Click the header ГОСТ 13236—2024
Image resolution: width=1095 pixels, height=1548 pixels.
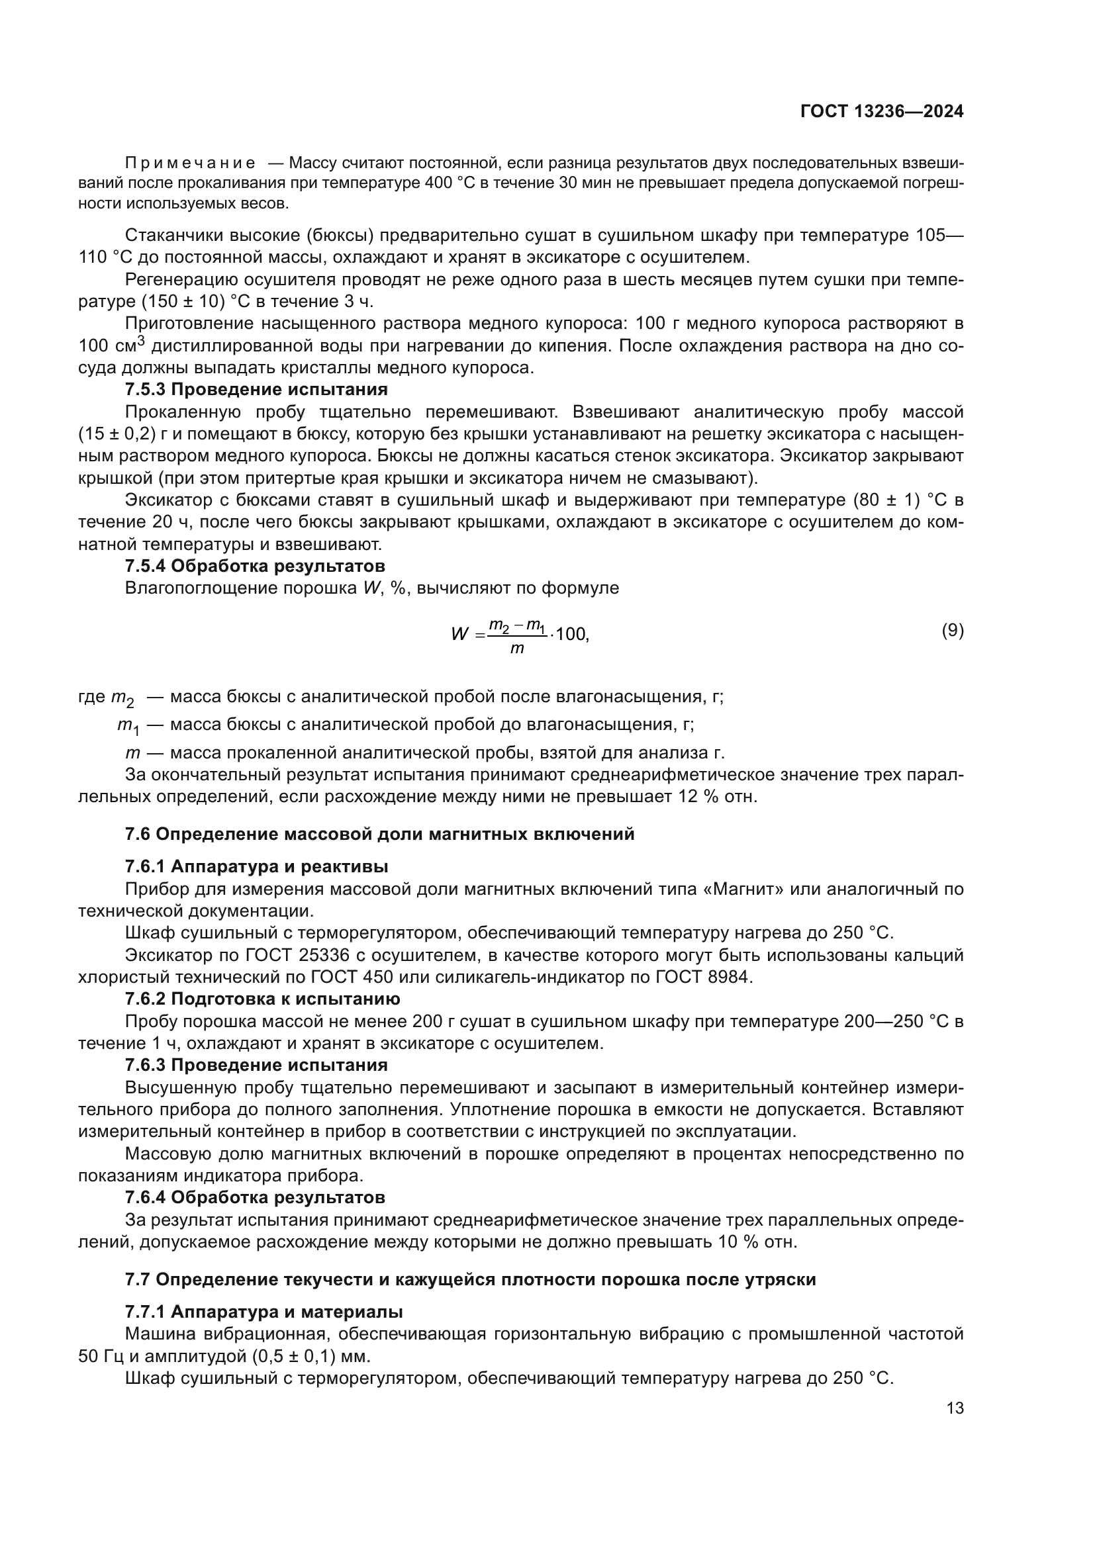click(882, 112)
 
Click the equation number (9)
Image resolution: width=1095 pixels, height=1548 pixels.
click(952, 631)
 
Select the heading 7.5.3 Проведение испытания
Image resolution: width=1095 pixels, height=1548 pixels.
click(256, 390)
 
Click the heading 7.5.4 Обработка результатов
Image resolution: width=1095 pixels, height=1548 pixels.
click(255, 566)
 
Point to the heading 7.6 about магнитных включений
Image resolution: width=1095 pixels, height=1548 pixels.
click(379, 835)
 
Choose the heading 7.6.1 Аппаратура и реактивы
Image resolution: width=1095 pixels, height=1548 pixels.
click(256, 866)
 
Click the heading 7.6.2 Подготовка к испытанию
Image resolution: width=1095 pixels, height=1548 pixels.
click(262, 999)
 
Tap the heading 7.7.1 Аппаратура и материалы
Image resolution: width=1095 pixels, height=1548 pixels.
click(263, 1331)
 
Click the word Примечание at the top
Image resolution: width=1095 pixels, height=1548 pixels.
click(190, 163)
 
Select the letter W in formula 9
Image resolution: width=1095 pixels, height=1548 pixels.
click(460, 634)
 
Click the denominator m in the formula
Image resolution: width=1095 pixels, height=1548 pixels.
click(517, 649)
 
